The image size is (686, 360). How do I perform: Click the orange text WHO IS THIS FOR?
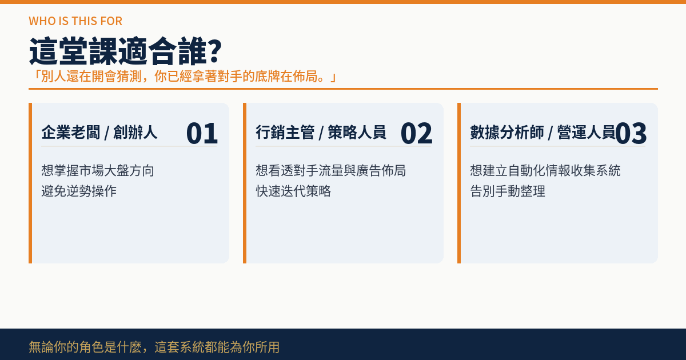tap(75, 21)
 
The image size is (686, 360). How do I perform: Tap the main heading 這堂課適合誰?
tap(125, 51)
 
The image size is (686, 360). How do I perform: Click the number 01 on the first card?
tap(202, 133)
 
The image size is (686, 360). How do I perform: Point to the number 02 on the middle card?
tap(417, 133)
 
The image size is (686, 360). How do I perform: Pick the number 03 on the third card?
tap(631, 133)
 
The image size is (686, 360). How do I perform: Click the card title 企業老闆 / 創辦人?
tap(99, 133)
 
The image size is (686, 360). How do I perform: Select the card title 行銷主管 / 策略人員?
tap(321, 133)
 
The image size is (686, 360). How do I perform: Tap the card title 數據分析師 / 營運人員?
tap(543, 133)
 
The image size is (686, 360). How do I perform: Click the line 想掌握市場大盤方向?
tap(98, 170)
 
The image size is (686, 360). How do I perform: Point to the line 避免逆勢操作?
tap(79, 191)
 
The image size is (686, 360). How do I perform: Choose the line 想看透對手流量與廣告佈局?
tap(331, 170)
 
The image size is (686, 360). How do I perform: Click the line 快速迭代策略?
tap(293, 191)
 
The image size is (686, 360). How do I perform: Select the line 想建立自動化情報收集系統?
tap(545, 170)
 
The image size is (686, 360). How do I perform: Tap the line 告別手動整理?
tap(508, 191)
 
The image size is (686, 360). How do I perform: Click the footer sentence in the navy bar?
tap(154, 347)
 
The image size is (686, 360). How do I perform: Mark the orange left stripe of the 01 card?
tap(30, 183)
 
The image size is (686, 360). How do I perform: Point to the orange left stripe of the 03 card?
tap(459, 183)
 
